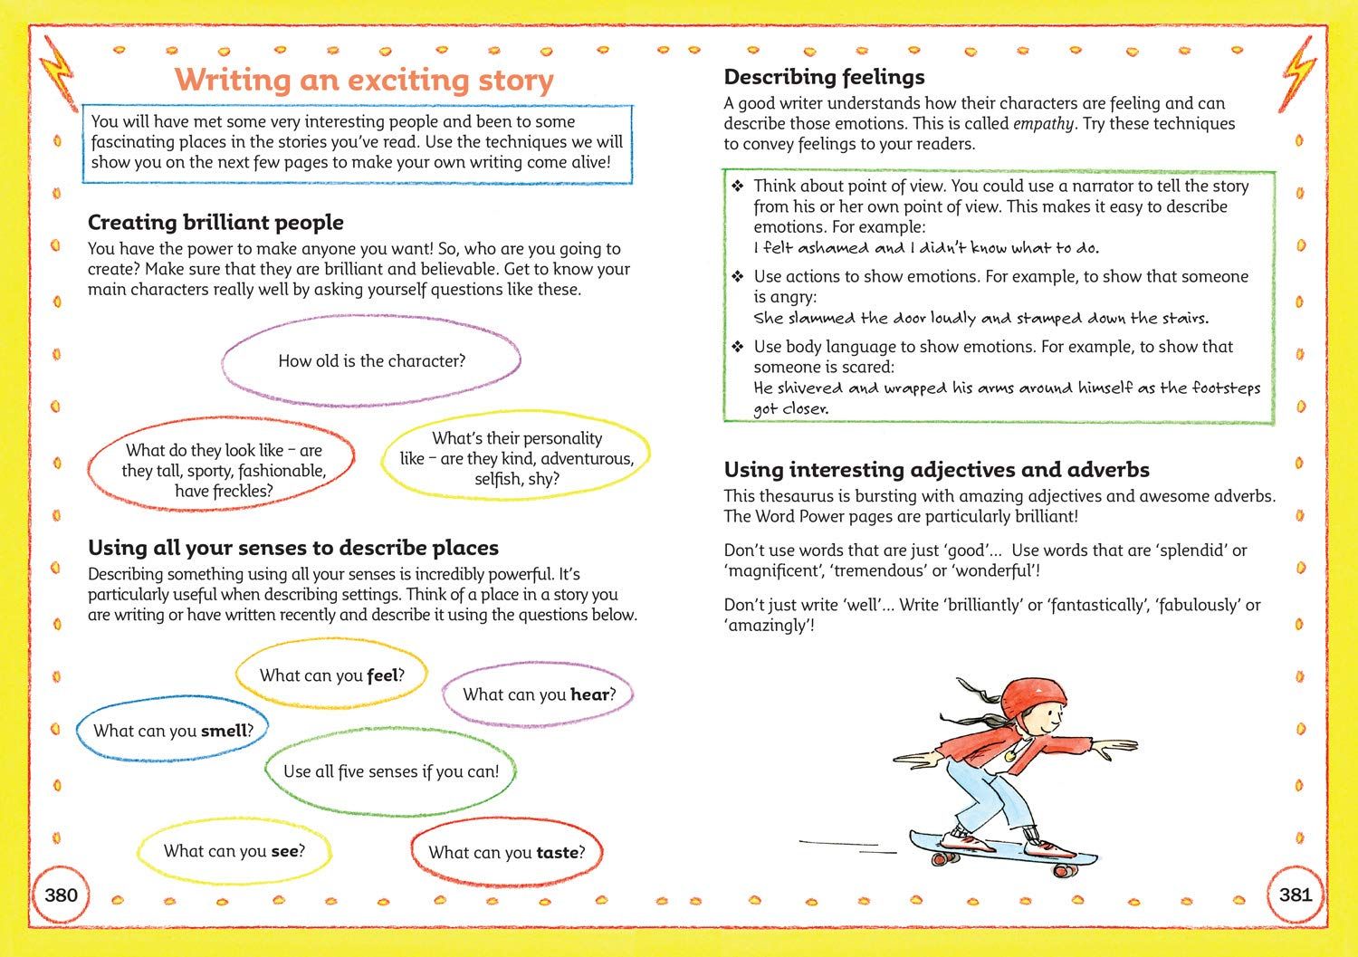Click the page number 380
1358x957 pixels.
(x=61, y=895)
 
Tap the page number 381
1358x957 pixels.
(x=1296, y=895)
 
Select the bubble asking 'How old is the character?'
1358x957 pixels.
(x=371, y=361)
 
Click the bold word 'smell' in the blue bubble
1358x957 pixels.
(x=223, y=731)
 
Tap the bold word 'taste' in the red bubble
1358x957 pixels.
(x=557, y=852)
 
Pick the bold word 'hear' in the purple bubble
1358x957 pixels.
(x=588, y=694)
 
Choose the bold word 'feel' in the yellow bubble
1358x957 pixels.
(x=382, y=675)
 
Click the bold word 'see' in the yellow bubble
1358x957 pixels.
(x=283, y=850)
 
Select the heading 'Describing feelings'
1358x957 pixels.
(x=824, y=77)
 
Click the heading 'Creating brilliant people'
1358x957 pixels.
(x=215, y=223)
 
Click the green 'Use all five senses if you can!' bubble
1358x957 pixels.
(x=390, y=771)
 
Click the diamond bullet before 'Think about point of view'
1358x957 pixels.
(x=738, y=187)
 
